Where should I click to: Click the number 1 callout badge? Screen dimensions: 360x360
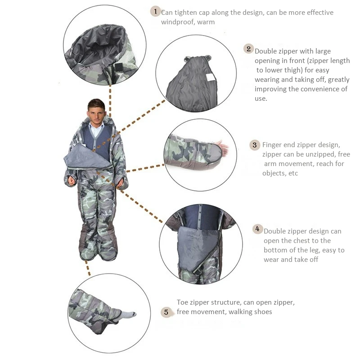[155, 11]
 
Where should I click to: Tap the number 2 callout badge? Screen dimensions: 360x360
[248, 49]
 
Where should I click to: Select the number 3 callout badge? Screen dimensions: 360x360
[255, 145]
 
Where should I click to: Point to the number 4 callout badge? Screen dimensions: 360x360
[257, 229]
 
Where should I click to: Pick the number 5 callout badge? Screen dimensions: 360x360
[166, 312]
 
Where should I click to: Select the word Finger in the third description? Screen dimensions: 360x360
[272, 145]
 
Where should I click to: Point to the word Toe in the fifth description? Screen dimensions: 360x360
[182, 302]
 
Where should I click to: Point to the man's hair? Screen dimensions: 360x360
[96, 104]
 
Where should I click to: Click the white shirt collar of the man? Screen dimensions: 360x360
[96, 128]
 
